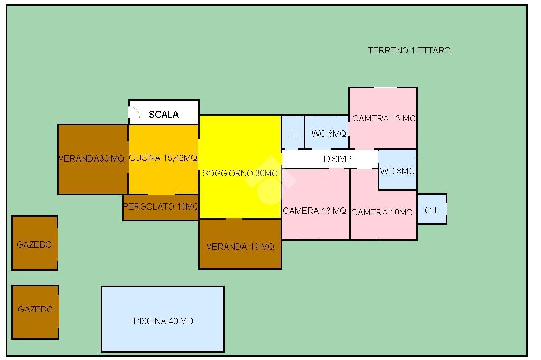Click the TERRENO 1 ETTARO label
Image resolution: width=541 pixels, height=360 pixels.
pyautogui.click(x=409, y=51)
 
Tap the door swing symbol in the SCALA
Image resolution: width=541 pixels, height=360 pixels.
pyautogui.click(x=134, y=111)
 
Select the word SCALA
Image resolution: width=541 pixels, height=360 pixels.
pyautogui.click(x=163, y=114)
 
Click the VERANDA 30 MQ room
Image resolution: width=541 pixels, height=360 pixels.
pyautogui.click(x=92, y=158)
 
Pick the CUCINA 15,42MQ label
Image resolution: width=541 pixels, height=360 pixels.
pyautogui.click(x=163, y=158)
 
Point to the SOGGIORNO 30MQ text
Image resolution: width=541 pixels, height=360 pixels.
pyautogui.click(x=240, y=173)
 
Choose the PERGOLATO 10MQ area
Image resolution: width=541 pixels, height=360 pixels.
pyautogui.click(x=161, y=207)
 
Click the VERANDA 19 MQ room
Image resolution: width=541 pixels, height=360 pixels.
pyautogui.click(x=240, y=246)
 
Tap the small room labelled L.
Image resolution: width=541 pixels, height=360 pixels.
pyautogui.click(x=293, y=132)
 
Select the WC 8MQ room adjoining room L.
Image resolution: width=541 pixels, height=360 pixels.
pyautogui.click(x=328, y=134)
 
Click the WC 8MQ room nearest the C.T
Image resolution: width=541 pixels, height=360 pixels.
pyautogui.click(x=397, y=170)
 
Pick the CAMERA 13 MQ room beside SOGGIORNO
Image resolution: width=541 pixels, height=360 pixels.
pyautogui.click(x=314, y=211)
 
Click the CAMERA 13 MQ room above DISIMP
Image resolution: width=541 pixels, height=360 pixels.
pyautogui.click(x=384, y=118)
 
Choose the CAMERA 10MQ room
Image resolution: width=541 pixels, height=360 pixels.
pyautogui.click(x=382, y=212)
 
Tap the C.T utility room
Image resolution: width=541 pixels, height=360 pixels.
pyautogui.click(x=432, y=210)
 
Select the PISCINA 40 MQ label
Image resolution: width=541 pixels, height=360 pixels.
pyautogui.click(x=163, y=321)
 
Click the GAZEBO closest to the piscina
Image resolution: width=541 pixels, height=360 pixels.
pyautogui.click(x=35, y=310)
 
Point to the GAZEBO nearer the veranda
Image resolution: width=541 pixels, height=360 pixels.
pyautogui.click(x=34, y=244)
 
